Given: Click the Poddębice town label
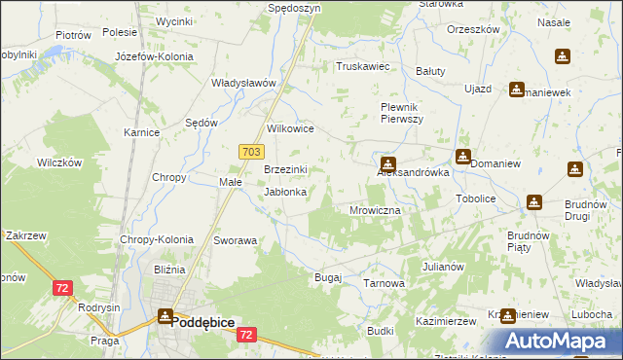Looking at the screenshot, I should pos(204,318).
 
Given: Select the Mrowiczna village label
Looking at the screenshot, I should pos(375,210).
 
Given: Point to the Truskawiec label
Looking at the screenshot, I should pos(362,67).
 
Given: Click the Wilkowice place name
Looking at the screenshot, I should pos(290,127).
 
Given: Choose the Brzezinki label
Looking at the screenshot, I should pos(286,169).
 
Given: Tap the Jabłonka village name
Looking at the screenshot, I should pos(286,193).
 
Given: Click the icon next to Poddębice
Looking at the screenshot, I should pos(165,316).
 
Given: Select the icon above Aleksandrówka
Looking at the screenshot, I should pos(388,163).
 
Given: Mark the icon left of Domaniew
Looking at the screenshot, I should pos(462,156).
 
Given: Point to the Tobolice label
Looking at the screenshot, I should pos(476,198).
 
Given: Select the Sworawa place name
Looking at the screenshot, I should pos(235,240).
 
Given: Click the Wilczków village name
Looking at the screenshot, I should pos(59,162).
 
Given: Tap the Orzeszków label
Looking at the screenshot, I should pos(473,29).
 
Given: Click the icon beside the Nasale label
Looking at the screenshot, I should pos(563,56).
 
